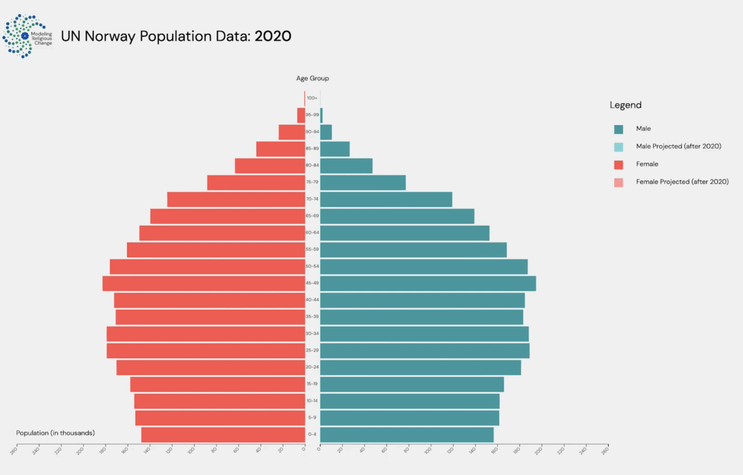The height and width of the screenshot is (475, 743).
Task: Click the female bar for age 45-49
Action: [203, 283]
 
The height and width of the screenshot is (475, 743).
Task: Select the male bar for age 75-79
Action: [363, 183]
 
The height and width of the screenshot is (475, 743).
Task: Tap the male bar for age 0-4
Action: [406, 434]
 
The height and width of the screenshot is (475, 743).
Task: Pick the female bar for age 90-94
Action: [292, 132]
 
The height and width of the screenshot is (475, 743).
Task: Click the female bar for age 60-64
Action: [222, 233]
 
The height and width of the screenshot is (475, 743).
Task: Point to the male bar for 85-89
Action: [335, 149]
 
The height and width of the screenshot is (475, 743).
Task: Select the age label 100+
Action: [312, 98]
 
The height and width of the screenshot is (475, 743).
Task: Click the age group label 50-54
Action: [312, 267]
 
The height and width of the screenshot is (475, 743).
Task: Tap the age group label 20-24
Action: [312, 367]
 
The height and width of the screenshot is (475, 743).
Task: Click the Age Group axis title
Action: [312, 78]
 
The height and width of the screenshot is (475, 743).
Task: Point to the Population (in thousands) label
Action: [55, 433]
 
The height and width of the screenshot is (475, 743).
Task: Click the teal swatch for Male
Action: [618, 129]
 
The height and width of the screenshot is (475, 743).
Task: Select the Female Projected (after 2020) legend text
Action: [682, 182]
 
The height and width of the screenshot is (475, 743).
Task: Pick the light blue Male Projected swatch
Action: [618, 147]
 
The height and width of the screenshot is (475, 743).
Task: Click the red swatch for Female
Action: [618, 164]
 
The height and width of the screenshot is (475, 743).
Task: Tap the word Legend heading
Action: [625, 105]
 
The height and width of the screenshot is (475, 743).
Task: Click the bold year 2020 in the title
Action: [273, 36]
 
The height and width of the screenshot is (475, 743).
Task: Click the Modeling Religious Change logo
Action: [27, 36]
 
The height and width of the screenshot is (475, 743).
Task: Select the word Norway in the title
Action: [110, 36]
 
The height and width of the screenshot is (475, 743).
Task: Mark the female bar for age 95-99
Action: [301, 115]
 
